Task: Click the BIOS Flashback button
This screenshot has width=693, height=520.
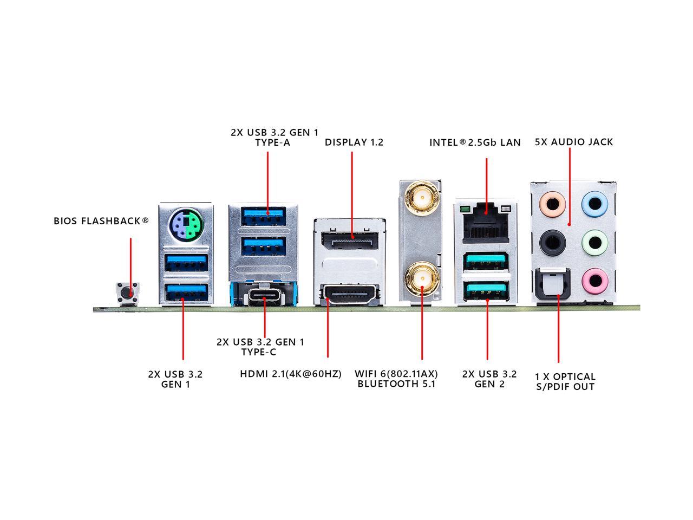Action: (x=128, y=293)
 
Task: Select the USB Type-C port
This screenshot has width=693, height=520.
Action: (x=265, y=296)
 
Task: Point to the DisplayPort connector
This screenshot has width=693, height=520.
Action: (x=349, y=238)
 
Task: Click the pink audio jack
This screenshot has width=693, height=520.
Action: (x=593, y=279)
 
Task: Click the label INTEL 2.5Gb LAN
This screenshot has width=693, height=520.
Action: (x=475, y=142)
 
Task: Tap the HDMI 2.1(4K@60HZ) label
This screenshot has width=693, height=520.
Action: (x=291, y=374)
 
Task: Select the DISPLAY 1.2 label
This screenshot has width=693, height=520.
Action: (x=354, y=142)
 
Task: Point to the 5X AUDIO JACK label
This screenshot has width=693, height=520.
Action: (x=574, y=142)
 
